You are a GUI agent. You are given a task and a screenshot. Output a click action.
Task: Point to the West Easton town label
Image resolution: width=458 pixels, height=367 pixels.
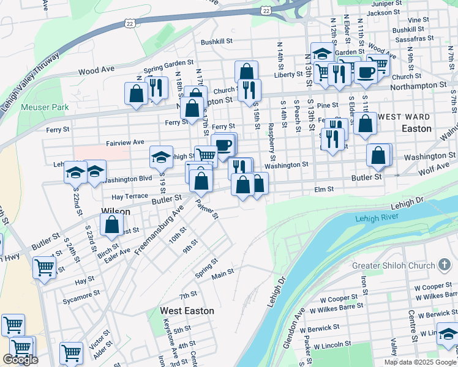(187, 311)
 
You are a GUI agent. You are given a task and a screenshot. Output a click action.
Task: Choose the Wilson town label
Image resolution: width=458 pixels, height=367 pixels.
(115, 212)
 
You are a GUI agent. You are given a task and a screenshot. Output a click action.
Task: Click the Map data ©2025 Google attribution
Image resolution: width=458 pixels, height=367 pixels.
(420, 362)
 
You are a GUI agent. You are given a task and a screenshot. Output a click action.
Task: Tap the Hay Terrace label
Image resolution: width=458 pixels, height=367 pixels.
(130, 196)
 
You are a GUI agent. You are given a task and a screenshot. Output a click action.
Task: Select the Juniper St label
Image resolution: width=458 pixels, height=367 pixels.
(386, 4)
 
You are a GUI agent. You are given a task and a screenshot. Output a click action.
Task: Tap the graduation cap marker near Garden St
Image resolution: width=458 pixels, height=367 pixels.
(322, 53)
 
